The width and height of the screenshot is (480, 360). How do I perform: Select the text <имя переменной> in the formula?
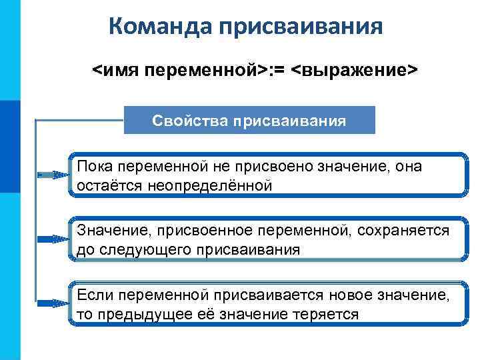(x=179, y=71)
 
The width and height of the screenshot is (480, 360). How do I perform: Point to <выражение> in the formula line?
(x=355, y=71)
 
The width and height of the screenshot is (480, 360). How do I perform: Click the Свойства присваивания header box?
(x=249, y=121)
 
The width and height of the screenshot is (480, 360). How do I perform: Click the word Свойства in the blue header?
(x=189, y=121)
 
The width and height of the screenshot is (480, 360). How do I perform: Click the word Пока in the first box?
(x=95, y=166)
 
